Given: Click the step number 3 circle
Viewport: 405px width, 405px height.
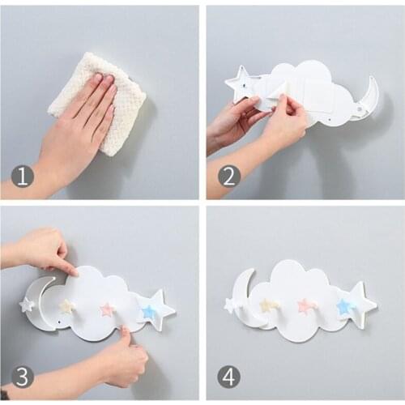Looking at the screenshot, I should [x=22, y=377].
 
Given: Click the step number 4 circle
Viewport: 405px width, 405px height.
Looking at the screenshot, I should [x=229, y=377].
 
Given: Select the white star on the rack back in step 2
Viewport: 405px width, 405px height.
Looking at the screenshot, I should [x=240, y=83].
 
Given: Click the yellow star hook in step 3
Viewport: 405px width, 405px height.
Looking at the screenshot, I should [x=67, y=306].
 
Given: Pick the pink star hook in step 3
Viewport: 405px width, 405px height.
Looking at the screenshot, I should [x=106, y=309].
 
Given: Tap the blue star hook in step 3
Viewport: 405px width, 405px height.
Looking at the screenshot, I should [x=148, y=312].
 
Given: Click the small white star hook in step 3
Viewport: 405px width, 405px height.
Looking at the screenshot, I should [x=27, y=305].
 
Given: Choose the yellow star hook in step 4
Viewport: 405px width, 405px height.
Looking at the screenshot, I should [x=269, y=305].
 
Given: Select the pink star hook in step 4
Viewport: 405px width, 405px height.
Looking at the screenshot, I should [x=306, y=305].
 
